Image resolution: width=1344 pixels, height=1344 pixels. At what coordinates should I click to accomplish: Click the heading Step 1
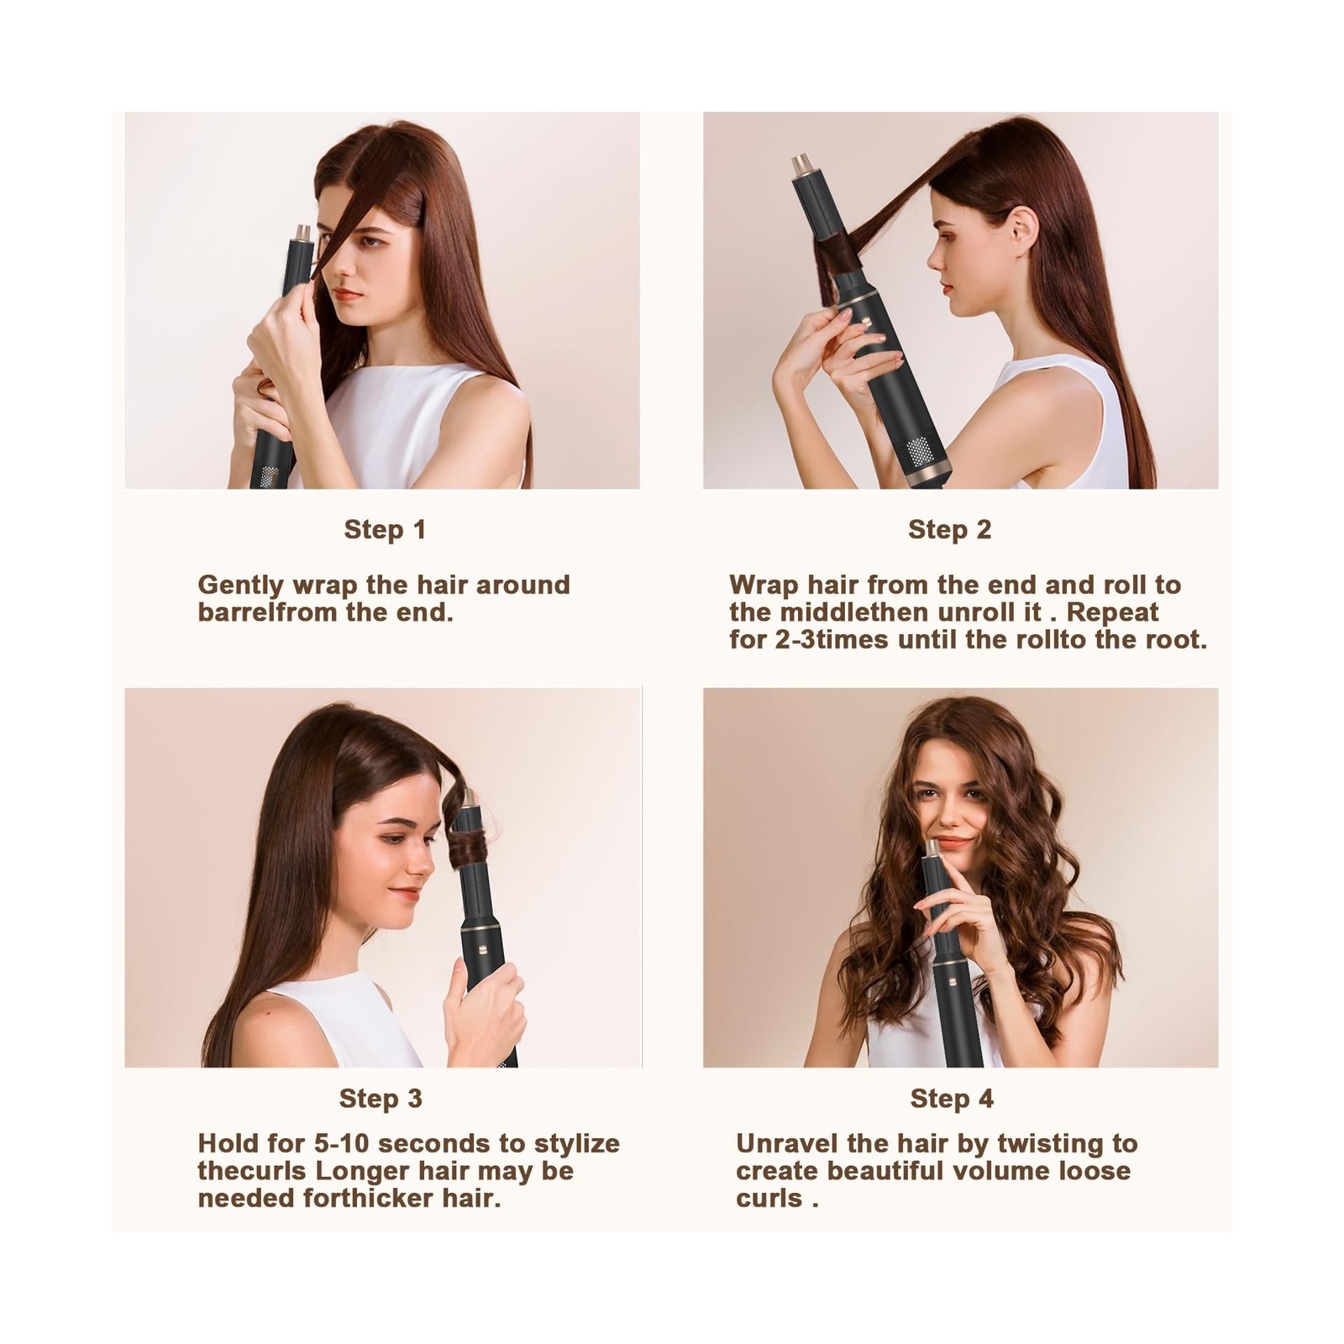tap(385, 530)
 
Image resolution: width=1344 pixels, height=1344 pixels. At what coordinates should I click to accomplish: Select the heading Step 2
tap(949, 530)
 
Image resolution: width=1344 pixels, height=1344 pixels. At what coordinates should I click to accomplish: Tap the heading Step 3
tap(381, 1099)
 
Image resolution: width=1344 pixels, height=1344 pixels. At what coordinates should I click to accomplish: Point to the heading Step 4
tap(952, 1099)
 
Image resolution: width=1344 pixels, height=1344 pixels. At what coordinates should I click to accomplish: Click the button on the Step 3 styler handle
tap(485, 953)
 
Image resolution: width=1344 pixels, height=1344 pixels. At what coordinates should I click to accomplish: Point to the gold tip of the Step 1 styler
tap(301, 229)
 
